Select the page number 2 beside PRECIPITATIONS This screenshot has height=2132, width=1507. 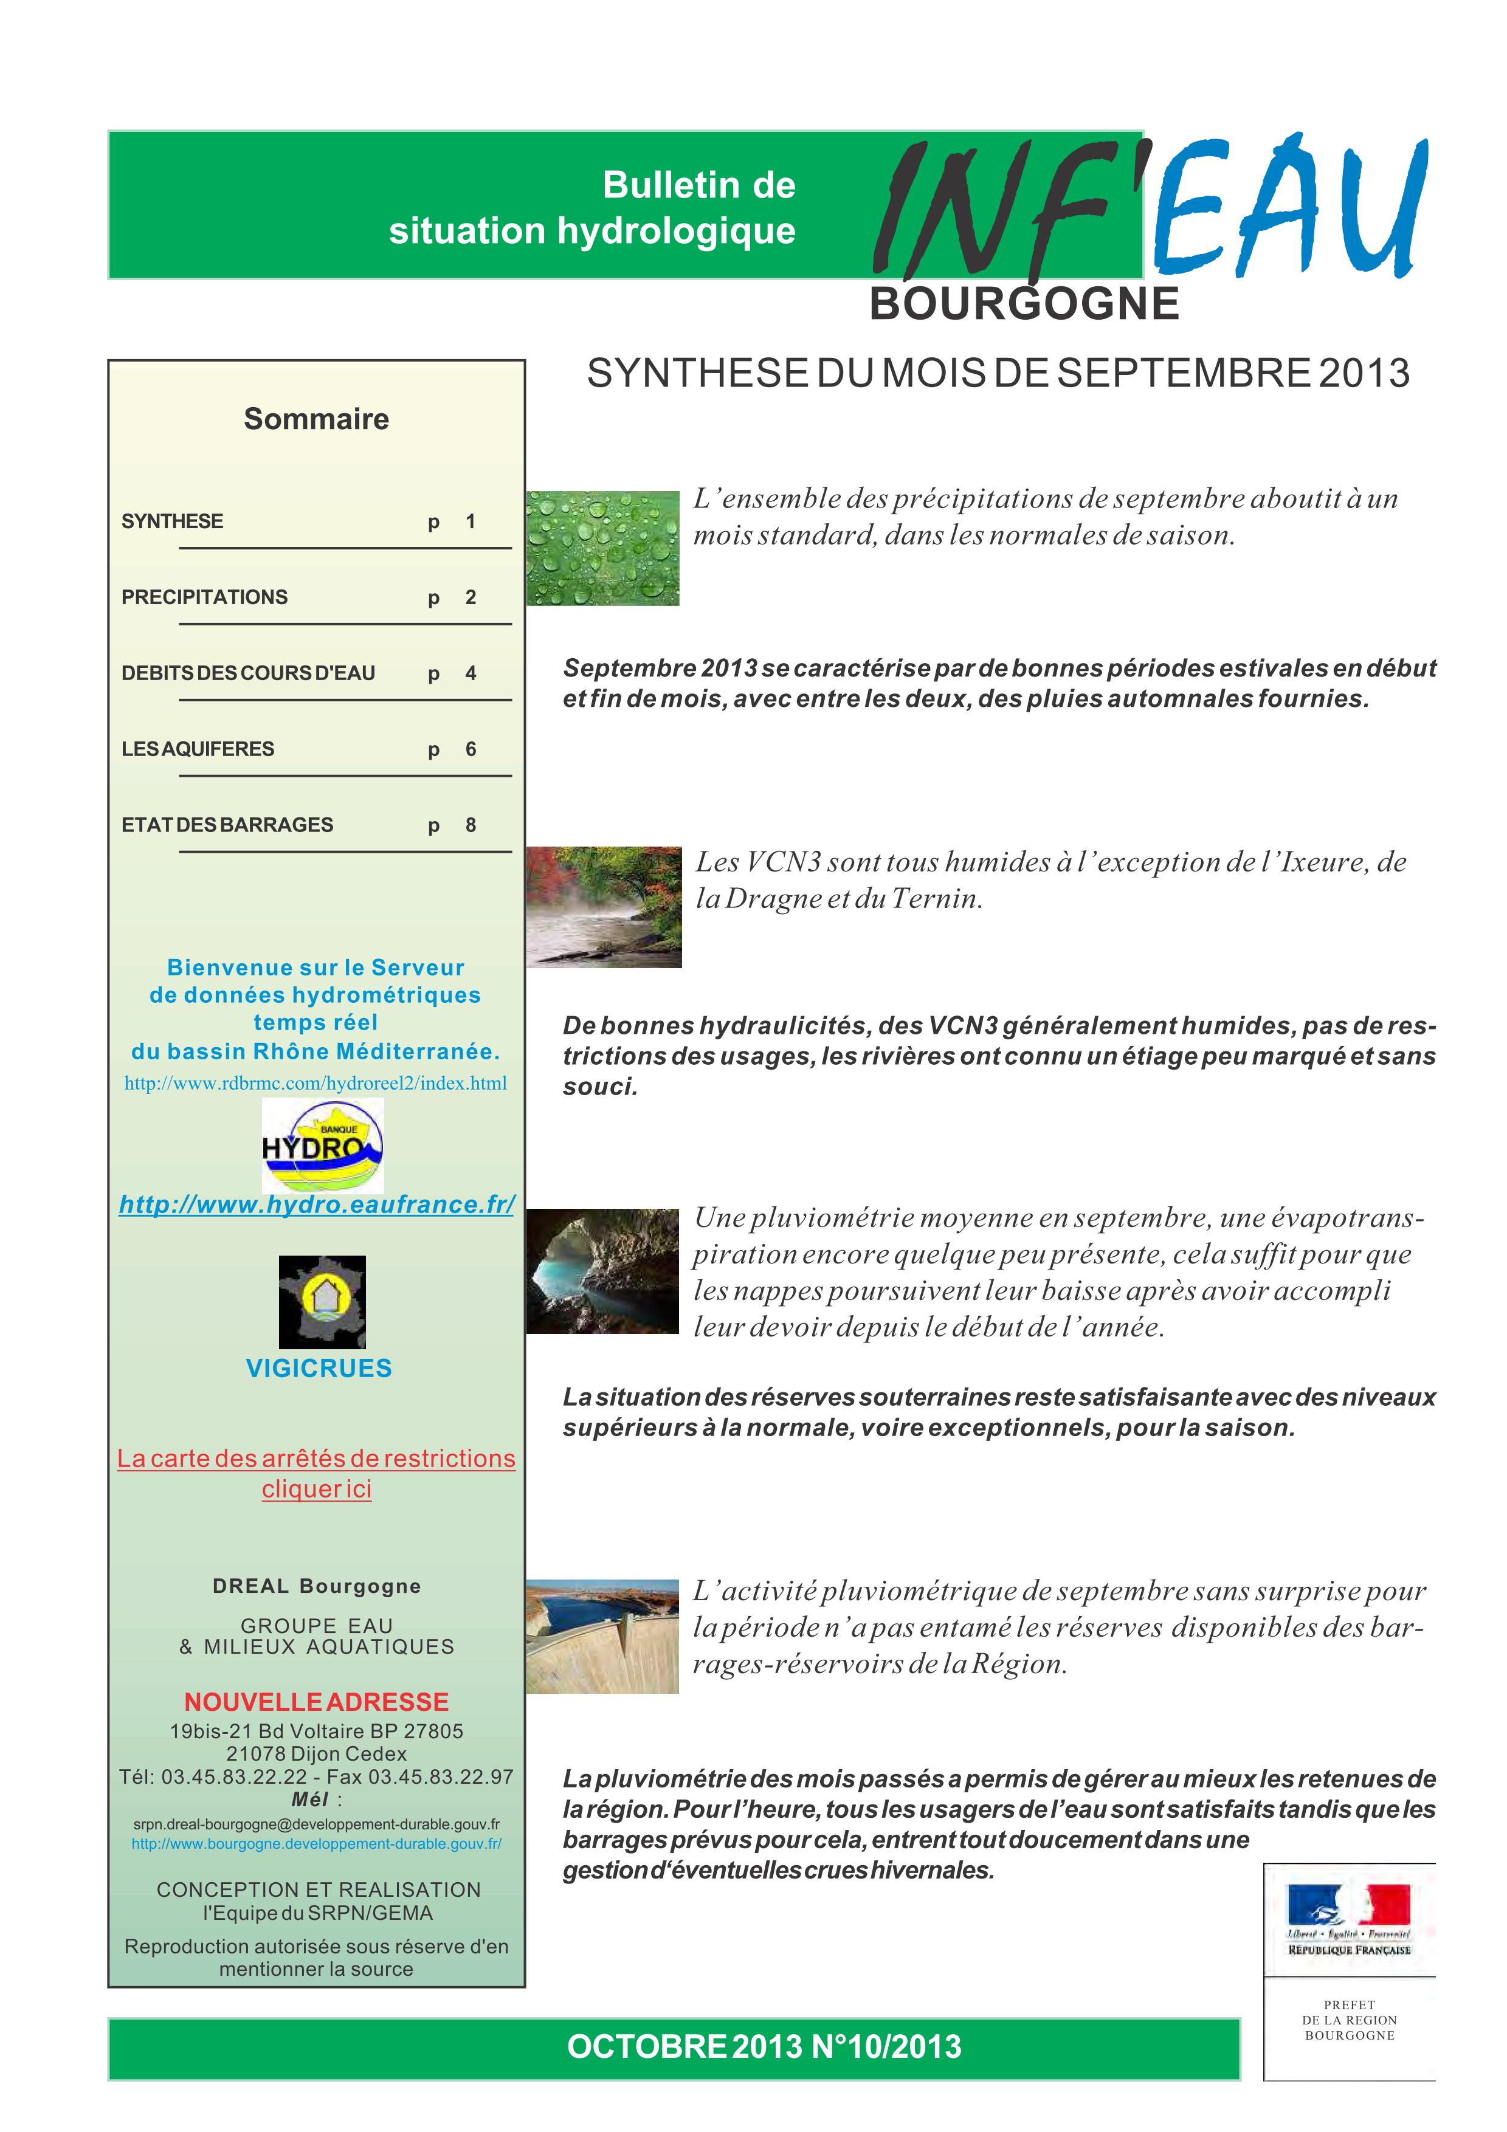tap(471, 597)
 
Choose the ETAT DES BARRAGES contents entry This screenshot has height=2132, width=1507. tap(227, 825)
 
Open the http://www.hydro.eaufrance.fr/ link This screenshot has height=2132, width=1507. tap(317, 1205)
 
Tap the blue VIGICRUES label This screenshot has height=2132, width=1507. tap(319, 1368)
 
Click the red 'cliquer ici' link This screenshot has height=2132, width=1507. tap(317, 1490)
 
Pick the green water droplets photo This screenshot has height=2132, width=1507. tap(602, 548)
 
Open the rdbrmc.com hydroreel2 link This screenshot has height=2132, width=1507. tap(316, 1084)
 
